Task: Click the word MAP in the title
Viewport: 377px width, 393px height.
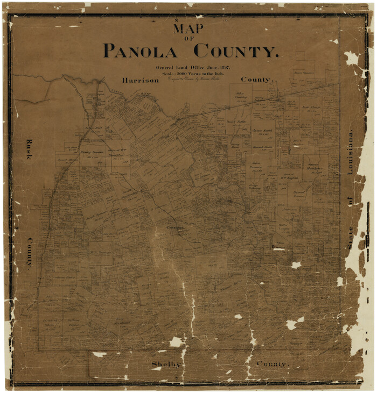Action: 188,28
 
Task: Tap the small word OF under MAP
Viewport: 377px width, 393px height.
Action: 188,39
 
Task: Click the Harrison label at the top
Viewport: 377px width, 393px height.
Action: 141,80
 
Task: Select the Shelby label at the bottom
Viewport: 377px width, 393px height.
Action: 166,364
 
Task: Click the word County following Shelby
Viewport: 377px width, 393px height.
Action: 273,364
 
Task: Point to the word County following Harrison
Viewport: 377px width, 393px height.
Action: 257,79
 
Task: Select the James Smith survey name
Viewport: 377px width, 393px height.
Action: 262,131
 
